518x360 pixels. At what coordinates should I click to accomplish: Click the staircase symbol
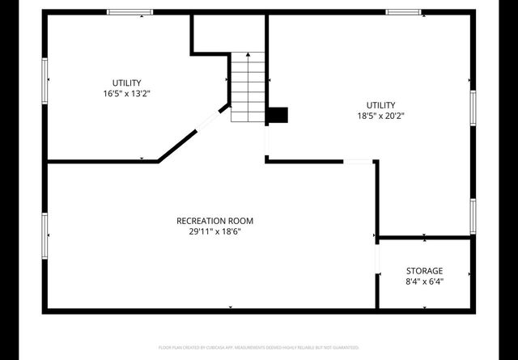pos(248,87)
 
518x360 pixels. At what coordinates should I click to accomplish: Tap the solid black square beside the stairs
pos(277,115)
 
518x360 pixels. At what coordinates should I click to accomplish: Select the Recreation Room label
pos(215,221)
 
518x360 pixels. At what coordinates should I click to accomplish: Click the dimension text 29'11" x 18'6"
pos(215,232)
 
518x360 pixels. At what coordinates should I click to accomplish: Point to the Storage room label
pos(424,270)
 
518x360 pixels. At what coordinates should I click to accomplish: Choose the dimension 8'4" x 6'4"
pos(424,282)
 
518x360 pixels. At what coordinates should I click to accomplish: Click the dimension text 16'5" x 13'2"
pos(127,94)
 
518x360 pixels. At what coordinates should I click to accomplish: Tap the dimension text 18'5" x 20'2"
pos(380,116)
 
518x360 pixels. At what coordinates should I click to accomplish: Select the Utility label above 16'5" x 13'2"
pos(127,83)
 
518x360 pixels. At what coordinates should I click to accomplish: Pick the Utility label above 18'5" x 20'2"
pos(380,105)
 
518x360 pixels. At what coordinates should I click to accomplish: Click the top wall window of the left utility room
pos(130,12)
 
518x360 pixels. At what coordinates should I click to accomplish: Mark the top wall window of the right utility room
pos(403,12)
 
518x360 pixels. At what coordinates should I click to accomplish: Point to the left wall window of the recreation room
pos(45,236)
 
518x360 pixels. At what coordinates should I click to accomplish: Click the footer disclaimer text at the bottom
pos(258,347)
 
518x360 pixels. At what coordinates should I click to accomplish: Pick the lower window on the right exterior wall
pos(473,215)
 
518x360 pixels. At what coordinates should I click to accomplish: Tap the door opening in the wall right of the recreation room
pos(359,162)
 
